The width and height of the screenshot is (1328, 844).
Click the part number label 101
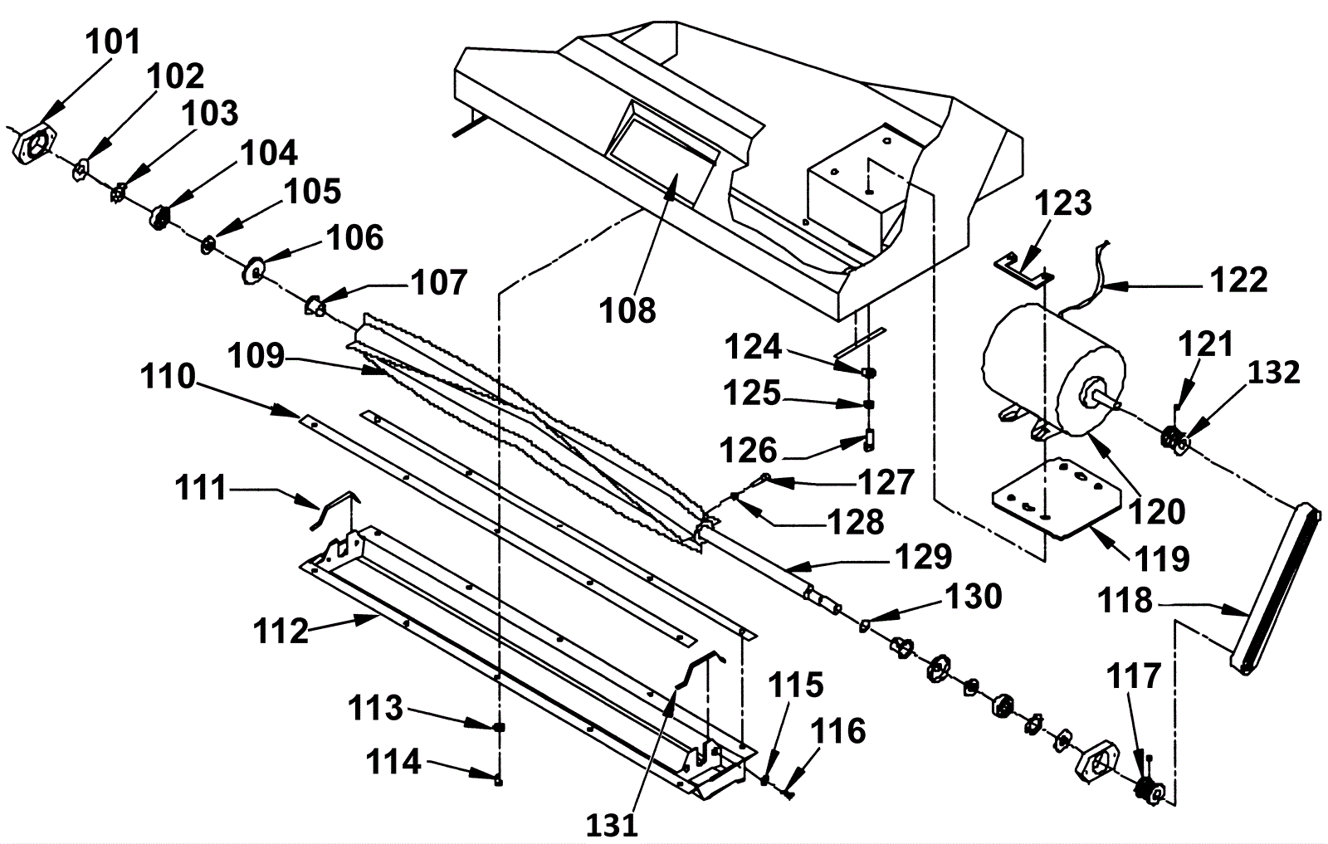(x=113, y=42)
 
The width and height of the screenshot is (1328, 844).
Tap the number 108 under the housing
(x=627, y=310)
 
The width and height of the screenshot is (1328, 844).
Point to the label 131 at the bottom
(x=611, y=825)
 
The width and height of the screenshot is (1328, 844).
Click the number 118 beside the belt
(x=1125, y=600)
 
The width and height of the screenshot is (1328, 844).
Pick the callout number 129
(x=922, y=557)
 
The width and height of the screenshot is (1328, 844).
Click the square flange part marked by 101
(x=33, y=142)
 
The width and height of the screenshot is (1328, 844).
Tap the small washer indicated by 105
(x=207, y=245)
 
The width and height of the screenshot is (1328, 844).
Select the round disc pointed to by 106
(x=253, y=271)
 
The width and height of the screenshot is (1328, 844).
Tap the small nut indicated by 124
(x=869, y=373)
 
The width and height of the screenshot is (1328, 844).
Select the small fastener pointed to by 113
(x=500, y=727)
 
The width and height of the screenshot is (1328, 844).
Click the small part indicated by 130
(x=865, y=625)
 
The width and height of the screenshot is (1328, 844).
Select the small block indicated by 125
(x=869, y=404)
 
